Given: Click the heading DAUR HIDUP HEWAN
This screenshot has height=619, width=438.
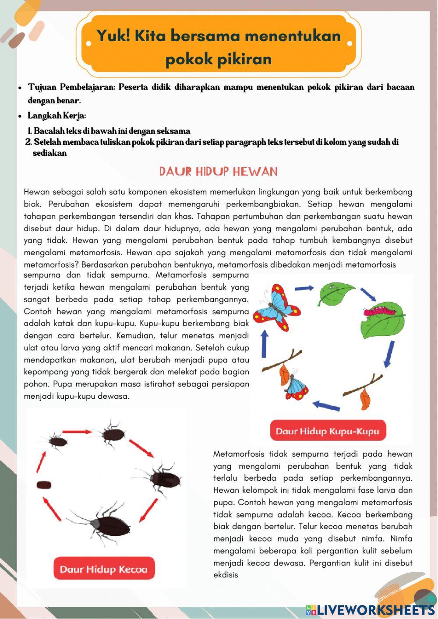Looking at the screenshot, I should tap(218, 171).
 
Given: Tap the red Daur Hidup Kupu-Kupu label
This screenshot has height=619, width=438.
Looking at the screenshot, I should tap(328, 431).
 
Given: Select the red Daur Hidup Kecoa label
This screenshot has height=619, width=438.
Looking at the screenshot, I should tap(104, 569).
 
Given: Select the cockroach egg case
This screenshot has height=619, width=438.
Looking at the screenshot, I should tap(44, 485).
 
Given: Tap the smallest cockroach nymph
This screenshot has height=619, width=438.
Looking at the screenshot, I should tap(57, 441).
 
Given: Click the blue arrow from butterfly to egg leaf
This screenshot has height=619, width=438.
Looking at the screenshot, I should tap(304, 288).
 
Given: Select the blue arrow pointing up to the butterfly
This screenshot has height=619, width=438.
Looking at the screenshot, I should tap(264, 344).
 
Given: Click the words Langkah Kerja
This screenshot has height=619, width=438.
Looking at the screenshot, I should tap(57, 116).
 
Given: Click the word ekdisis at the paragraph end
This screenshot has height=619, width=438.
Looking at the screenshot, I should tap(226, 575).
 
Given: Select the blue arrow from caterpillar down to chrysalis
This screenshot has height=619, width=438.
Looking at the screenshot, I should tap(389, 354).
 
